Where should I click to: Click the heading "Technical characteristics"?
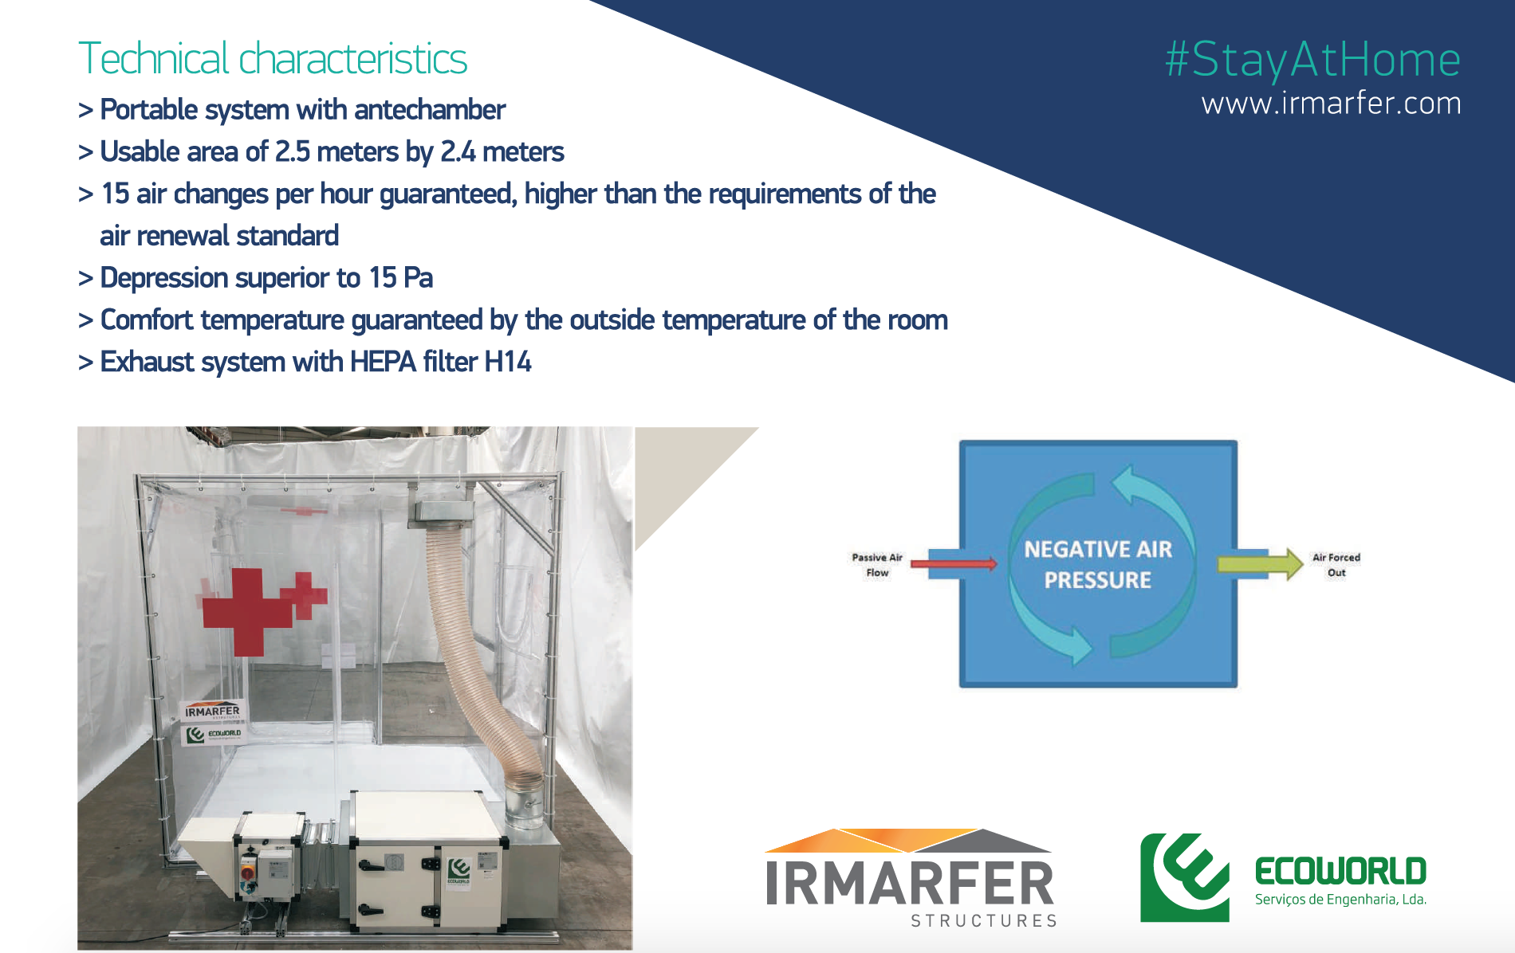pos(273,58)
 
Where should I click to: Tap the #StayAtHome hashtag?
pos(1312,60)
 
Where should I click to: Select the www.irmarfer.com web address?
pos(1332,104)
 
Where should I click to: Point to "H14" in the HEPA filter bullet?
pos(508,362)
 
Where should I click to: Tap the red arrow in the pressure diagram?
pos(954,564)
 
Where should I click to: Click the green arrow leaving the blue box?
pos(1260,564)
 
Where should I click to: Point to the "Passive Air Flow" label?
pos(877,565)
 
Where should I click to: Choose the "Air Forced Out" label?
pos(1336,565)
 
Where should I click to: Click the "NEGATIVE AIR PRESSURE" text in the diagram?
pos(1098,564)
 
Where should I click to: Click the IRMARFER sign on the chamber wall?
pos(212,711)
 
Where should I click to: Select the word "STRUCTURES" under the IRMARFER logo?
pos(984,921)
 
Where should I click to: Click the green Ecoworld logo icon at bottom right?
pos(1185,877)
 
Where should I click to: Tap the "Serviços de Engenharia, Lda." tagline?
pos(1340,900)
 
